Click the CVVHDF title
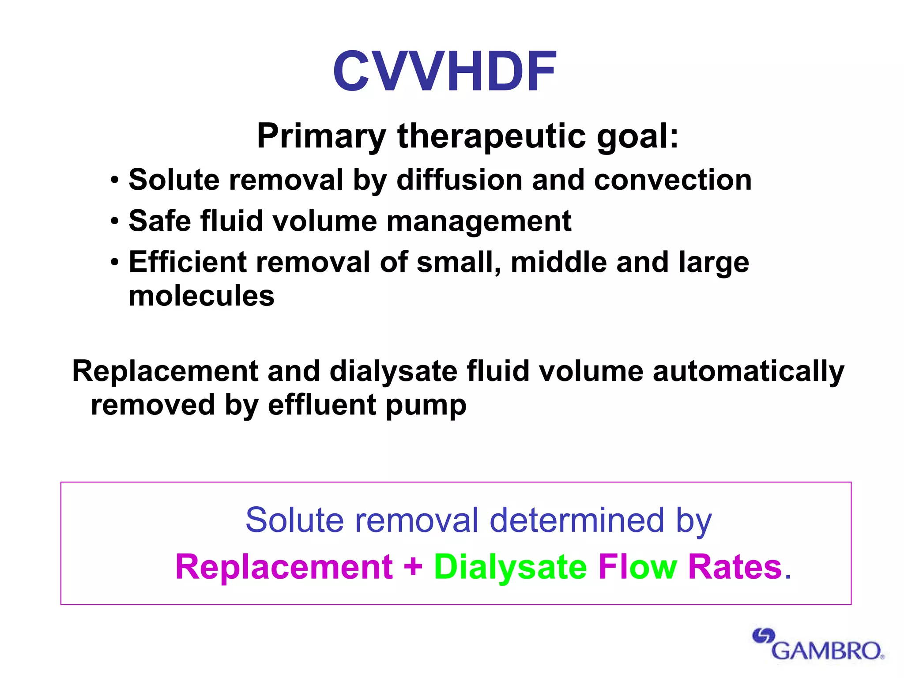tap(444, 72)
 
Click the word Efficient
tap(187, 262)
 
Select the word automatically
tap(748, 372)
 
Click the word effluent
tap(322, 405)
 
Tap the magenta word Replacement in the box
tap(284, 567)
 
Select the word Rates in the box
tap(735, 567)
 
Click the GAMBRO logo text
tap(827, 651)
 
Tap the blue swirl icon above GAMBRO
tap(763, 636)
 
